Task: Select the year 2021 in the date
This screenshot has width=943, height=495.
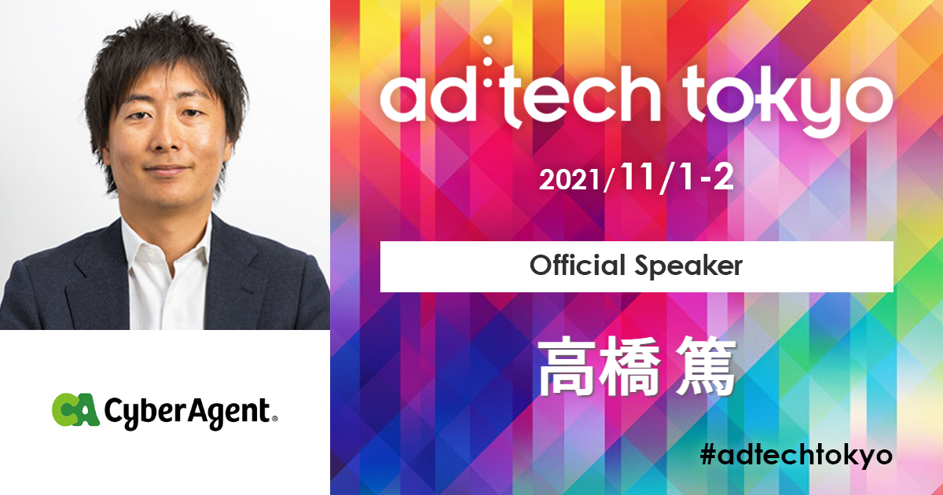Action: (x=570, y=181)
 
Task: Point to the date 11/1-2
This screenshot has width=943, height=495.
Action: (x=676, y=178)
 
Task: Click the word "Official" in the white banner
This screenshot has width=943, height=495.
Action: (x=577, y=266)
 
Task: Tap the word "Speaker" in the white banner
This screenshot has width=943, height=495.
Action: (x=688, y=267)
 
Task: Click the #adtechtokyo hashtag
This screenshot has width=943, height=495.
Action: (x=796, y=456)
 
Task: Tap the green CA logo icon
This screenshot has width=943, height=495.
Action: (x=75, y=409)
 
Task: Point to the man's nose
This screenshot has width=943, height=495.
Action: (x=167, y=137)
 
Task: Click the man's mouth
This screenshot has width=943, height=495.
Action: (x=167, y=170)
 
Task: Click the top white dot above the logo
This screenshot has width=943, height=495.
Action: (x=488, y=41)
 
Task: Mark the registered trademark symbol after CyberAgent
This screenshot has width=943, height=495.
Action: (x=274, y=419)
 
